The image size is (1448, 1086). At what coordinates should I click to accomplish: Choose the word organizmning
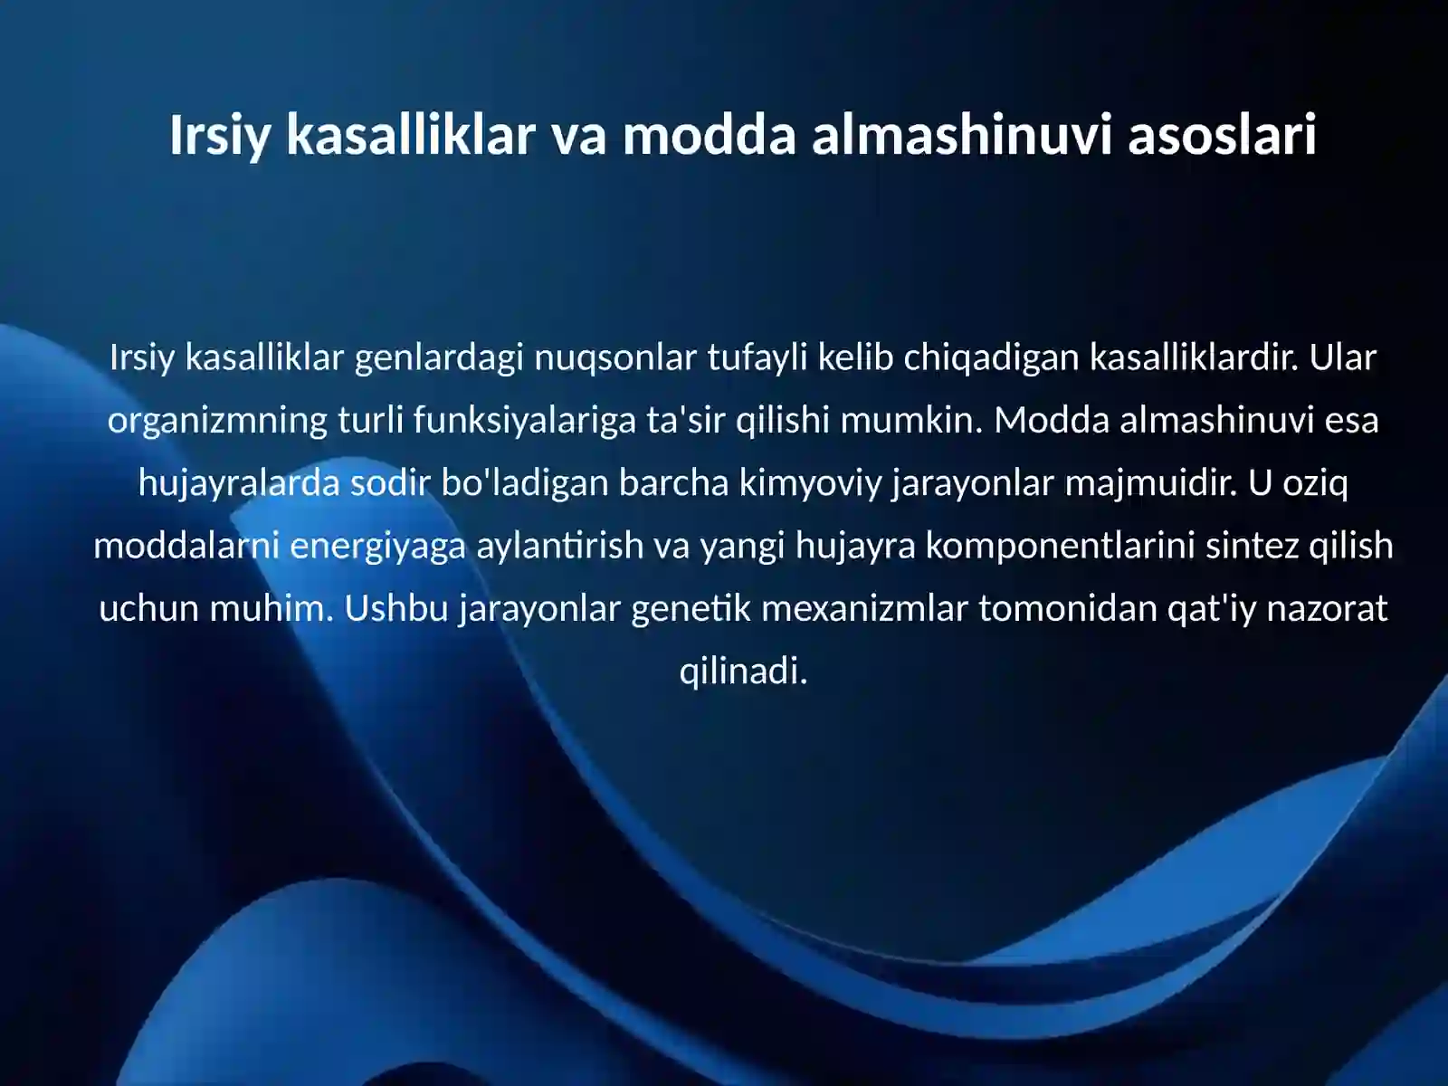(217, 420)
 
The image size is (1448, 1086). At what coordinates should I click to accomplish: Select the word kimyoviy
(810, 482)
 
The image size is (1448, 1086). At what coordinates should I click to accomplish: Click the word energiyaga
(377, 545)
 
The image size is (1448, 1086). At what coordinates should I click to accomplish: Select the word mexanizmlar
(864, 607)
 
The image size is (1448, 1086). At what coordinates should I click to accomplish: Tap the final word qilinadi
(743, 671)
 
